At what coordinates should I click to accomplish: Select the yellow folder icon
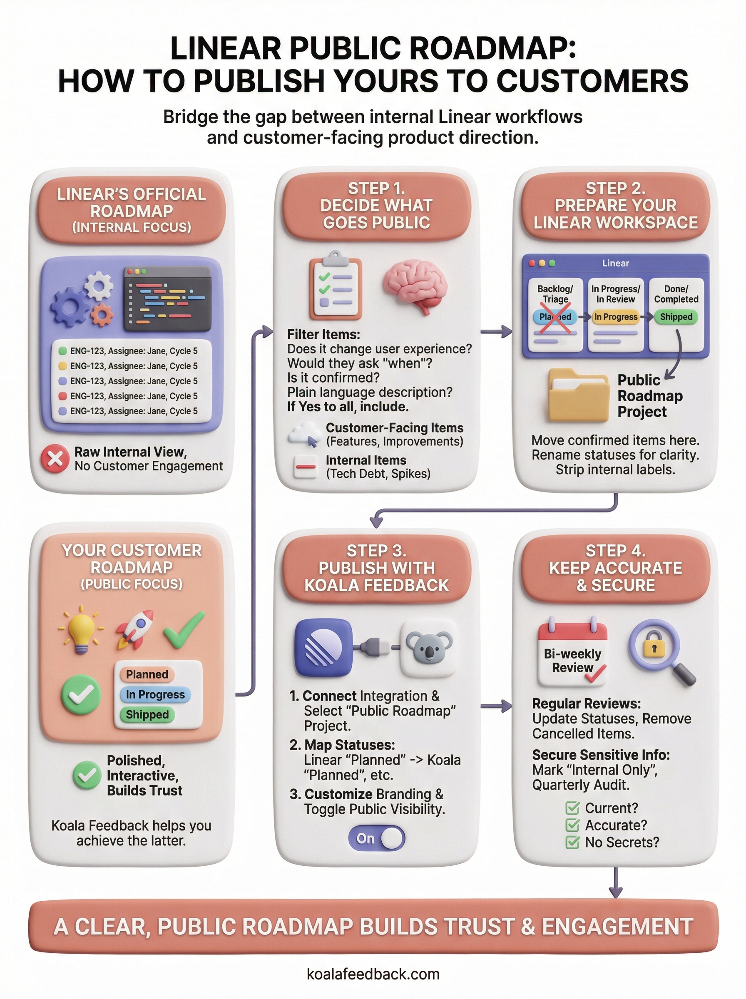(x=578, y=395)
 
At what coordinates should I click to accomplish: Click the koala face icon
(x=428, y=648)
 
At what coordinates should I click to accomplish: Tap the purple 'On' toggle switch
(x=376, y=838)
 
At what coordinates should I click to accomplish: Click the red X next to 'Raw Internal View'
(x=55, y=459)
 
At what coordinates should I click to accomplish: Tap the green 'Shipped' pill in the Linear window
(x=676, y=317)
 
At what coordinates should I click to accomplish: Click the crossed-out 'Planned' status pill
(x=555, y=317)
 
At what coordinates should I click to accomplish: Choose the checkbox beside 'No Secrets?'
(x=572, y=842)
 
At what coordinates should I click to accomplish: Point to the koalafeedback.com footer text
(x=373, y=974)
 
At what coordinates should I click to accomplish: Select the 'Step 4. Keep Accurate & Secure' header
(x=616, y=568)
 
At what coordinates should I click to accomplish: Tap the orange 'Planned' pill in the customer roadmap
(x=147, y=674)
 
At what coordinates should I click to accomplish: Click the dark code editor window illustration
(x=167, y=298)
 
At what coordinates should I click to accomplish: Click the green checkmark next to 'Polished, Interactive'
(x=87, y=775)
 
